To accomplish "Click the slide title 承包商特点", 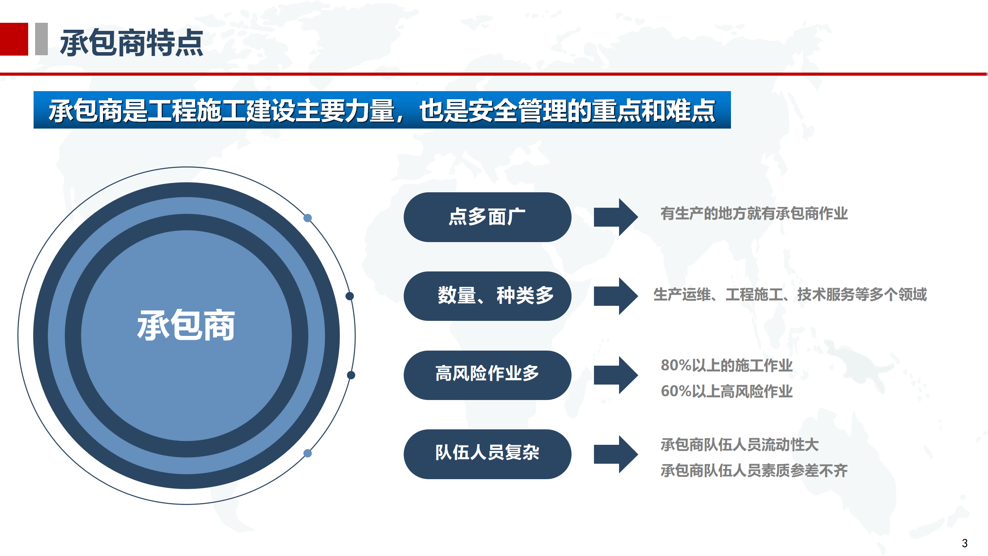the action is click(132, 42).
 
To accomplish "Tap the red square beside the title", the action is click(14, 39).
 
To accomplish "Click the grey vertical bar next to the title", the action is click(41, 39).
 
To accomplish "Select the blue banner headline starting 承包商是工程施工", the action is click(382, 110).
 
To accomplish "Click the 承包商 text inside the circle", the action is click(186, 325).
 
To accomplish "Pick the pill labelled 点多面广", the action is click(487, 217).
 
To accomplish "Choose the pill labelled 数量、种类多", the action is click(487, 296).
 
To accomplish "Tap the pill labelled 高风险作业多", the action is click(487, 375).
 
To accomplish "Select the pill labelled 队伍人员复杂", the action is click(487, 454).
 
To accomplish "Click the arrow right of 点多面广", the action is click(616, 217).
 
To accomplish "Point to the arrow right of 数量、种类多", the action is click(616, 296).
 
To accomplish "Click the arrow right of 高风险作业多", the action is click(616, 375).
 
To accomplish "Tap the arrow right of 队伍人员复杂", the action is click(616, 454).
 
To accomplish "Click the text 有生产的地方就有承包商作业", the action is click(754, 214).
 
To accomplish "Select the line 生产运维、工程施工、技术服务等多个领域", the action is click(790, 295).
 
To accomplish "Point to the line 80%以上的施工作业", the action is click(727, 365).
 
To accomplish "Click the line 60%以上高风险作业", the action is click(727, 391).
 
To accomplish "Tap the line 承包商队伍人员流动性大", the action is click(739, 445).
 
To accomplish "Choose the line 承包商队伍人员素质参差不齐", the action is click(754, 471).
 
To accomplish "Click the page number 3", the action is click(965, 543).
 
